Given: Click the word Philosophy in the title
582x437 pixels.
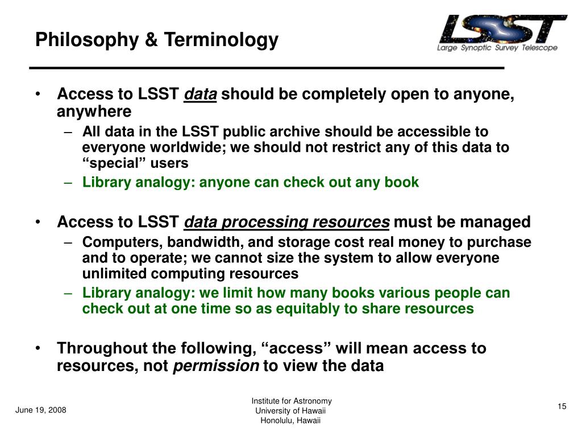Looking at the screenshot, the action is pyautogui.click(x=87, y=40).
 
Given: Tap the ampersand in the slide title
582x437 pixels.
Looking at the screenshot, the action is pyautogui.click(x=151, y=39).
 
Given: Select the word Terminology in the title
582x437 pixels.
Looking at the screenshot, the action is pyautogui.click(x=221, y=40).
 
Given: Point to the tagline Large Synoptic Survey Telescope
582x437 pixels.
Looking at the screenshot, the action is pyautogui.click(x=497, y=48).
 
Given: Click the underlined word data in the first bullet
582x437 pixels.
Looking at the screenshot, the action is pyautogui.click(x=201, y=94).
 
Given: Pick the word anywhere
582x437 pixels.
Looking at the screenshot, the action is pyautogui.click(x=94, y=112).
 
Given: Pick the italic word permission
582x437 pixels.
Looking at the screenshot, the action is pyautogui.click(x=216, y=366).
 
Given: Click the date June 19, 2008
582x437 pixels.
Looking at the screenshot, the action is pyautogui.click(x=41, y=410).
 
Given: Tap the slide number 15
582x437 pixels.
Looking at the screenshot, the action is pyautogui.click(x=562, y=406).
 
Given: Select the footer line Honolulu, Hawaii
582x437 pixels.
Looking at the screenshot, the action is pyautogui.click(x=290, y=420).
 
